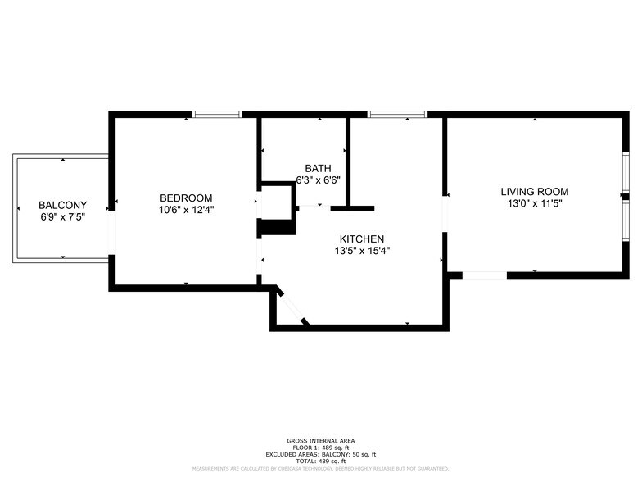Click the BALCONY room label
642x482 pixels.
(x=63, y=205)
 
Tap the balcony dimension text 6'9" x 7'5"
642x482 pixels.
(x=63, y=217)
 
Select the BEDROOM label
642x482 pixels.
(x=186, y=198)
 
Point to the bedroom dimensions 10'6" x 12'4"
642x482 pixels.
(x=186, y=210)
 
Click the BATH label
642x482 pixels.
(x=318, y=167)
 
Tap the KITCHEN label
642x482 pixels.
(x=362, y=239)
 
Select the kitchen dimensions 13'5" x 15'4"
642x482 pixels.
(x=362, y=251)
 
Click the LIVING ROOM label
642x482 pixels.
(x=534, y=191)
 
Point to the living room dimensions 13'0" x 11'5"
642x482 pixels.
(x=534, y=203)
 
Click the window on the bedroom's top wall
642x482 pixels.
(x=217, y=114)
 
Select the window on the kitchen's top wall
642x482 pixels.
(x=397, y=114)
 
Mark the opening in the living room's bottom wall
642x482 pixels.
(x=485, y=275)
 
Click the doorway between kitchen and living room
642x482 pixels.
(x=445, y=214)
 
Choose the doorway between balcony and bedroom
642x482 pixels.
(x=113, y=234)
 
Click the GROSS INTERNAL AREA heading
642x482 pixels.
(x=320, y=441)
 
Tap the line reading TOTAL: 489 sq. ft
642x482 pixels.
(x=320, y=461)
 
